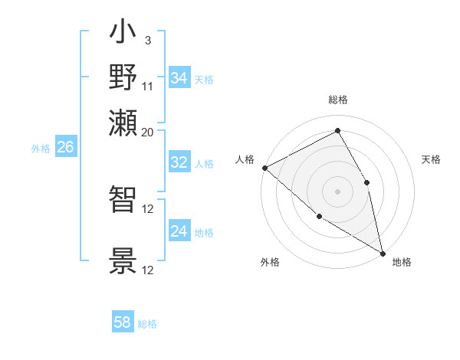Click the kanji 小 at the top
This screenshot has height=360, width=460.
(x=123, y=34)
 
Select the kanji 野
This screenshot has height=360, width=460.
(x=123, y=77)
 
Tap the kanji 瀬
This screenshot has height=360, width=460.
(x=123, y=122)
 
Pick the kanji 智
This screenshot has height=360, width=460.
(x=123, y=201)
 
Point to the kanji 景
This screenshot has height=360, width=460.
(x=123, y=261)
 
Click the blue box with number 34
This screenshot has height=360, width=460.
(x=179, y=78)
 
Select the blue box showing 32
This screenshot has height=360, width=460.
(x=179, y=162)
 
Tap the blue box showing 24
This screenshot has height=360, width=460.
(x=179, y=231)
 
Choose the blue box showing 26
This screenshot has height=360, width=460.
(x=65, y=148)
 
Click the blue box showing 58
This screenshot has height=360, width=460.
(x=123, y=322)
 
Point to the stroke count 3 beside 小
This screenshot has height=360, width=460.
(x=148, y=40)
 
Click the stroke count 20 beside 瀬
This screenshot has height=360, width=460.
(x=148, y=131)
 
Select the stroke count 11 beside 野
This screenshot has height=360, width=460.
(x=148, y=85)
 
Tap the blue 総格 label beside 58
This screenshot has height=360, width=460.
(x=147, y=324)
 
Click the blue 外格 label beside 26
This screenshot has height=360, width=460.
(x=41, y=149)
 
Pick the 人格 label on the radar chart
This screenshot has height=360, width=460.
(x=245, y=159)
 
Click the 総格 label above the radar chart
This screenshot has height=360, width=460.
(x=337, y=100)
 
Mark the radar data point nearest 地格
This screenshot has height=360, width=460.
(x=382, y=252)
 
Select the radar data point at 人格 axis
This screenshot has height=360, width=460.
(x=264, y=168)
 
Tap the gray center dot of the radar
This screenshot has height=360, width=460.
(x=337, y=191)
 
